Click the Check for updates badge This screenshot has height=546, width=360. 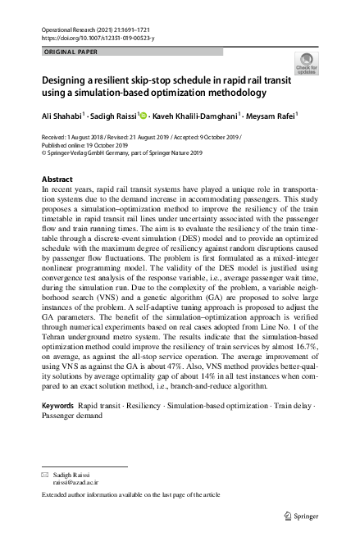pos(308,65)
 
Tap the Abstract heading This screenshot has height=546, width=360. pos(57,180)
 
